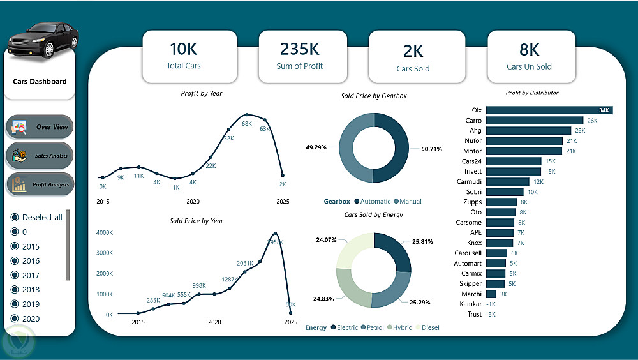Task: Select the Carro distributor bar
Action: coord(535,120)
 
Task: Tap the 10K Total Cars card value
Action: coord(184,49)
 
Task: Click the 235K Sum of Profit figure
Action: coord(299,49)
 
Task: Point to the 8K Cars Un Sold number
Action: coord(529,49)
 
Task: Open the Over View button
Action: coord(40,127)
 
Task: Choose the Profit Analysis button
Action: coord(40,184)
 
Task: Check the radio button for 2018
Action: coord(14,290)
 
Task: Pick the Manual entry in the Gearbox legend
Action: coord(410,201)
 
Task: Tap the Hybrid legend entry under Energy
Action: coord(402,327)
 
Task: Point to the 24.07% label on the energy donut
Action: coord(326,240)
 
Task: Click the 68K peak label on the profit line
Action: coord(247,123)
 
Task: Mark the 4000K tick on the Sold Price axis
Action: coord(105,233)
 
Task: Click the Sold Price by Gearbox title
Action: coord(374,96)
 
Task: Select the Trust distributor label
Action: coord(474,314)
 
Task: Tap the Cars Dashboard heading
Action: coord(40,81)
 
